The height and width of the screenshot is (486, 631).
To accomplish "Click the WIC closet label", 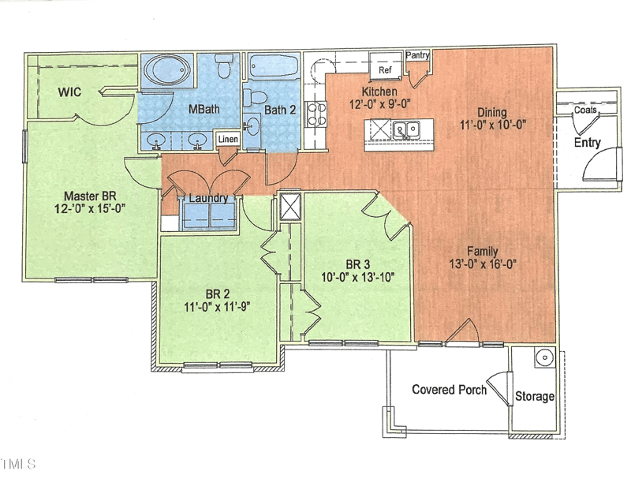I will (70, 92).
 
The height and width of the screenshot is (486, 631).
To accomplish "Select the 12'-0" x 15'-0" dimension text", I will (91, 209).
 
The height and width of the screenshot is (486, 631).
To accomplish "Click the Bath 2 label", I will (280, 110).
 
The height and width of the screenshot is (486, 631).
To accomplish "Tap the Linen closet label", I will (228, 140).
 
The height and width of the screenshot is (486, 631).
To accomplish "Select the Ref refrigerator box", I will (385, 69).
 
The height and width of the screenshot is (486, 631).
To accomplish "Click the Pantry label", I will (417, 56).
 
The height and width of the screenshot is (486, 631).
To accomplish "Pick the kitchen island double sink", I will (409, 129).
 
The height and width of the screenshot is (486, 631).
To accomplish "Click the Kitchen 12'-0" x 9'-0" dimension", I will (381, 103).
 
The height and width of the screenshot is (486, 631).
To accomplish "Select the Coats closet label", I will (585, 110).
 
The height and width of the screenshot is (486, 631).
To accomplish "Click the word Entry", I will (587, 143).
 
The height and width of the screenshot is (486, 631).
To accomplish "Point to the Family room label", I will (482, 252).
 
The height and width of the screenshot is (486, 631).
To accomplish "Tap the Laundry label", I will (208, 198).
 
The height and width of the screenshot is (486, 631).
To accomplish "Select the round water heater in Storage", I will (543, 358).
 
